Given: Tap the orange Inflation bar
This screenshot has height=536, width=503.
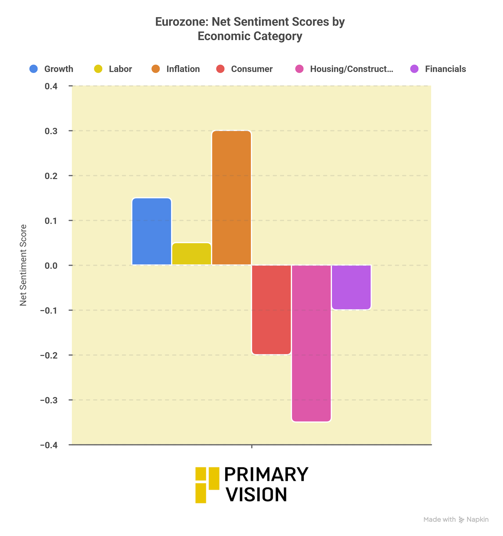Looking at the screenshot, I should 231,198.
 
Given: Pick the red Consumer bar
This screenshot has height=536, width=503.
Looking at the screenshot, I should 271,309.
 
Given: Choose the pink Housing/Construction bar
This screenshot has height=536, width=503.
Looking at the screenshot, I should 311,343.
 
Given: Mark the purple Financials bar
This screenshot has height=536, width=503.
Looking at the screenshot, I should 351,287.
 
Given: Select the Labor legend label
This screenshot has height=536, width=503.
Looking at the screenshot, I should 120,69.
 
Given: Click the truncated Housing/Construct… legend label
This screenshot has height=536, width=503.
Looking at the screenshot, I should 351,69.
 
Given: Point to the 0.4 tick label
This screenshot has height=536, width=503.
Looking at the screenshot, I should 51,86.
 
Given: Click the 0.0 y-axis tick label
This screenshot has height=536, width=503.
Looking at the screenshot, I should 51,266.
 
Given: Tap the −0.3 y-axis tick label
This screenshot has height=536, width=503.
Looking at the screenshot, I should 49,400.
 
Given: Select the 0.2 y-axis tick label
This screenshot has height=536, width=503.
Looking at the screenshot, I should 51,176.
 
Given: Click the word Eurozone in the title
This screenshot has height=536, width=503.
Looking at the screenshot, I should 181,22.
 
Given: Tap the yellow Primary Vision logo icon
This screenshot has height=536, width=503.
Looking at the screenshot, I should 207,485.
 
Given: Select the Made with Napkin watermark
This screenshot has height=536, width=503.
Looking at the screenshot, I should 456,519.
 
